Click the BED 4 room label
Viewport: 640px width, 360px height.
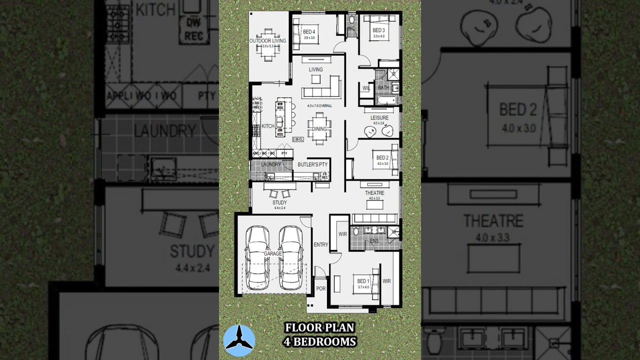point(309,32)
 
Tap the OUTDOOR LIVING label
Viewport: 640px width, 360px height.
point(268,40)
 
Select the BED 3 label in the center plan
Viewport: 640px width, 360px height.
point(378,30)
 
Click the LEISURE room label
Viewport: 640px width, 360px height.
point(379,118)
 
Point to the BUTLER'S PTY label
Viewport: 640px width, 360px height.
point(312,164)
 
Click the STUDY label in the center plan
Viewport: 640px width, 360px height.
point(279,202)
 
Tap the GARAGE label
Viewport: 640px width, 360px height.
point(273,253)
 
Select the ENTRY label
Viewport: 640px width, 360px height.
point(320,244)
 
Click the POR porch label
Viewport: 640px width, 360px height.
point(321,289)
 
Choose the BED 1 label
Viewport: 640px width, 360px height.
point(363,281)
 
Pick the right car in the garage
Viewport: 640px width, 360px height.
point(291,257)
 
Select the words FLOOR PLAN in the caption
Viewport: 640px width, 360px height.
point(319,327)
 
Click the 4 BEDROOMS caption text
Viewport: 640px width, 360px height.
point(319,342)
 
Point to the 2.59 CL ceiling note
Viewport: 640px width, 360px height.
point(298,139)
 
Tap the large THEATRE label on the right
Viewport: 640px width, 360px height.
point(493,220)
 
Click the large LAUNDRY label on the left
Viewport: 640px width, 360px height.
point(164,131)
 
